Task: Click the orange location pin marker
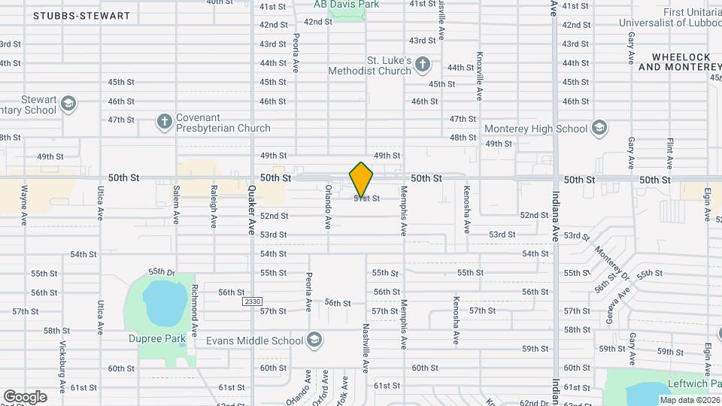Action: pos(361,179)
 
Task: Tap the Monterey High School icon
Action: pos(599,128)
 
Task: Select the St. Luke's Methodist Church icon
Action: pos(423,64)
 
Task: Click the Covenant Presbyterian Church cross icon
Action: pos(164,121)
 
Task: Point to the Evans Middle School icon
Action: pos(314,340)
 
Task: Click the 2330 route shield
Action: pos(253,301)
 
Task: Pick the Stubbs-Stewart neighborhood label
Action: pos(71,15)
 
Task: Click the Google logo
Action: pos(25,396)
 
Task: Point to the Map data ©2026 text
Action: pos(688,400)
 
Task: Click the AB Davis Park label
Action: pos(346,4)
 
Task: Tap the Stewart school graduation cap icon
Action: pos(68,102)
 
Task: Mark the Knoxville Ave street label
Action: pos(478,76)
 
